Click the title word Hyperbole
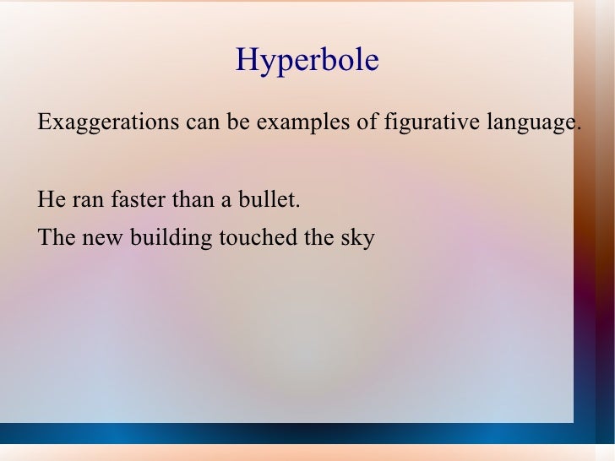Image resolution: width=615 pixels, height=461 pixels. click(307, 61)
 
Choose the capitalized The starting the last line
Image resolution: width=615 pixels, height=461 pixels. click(57, 238)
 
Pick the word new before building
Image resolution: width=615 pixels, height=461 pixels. click(104, 239)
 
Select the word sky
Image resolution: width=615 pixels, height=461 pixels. click(356, 239)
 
